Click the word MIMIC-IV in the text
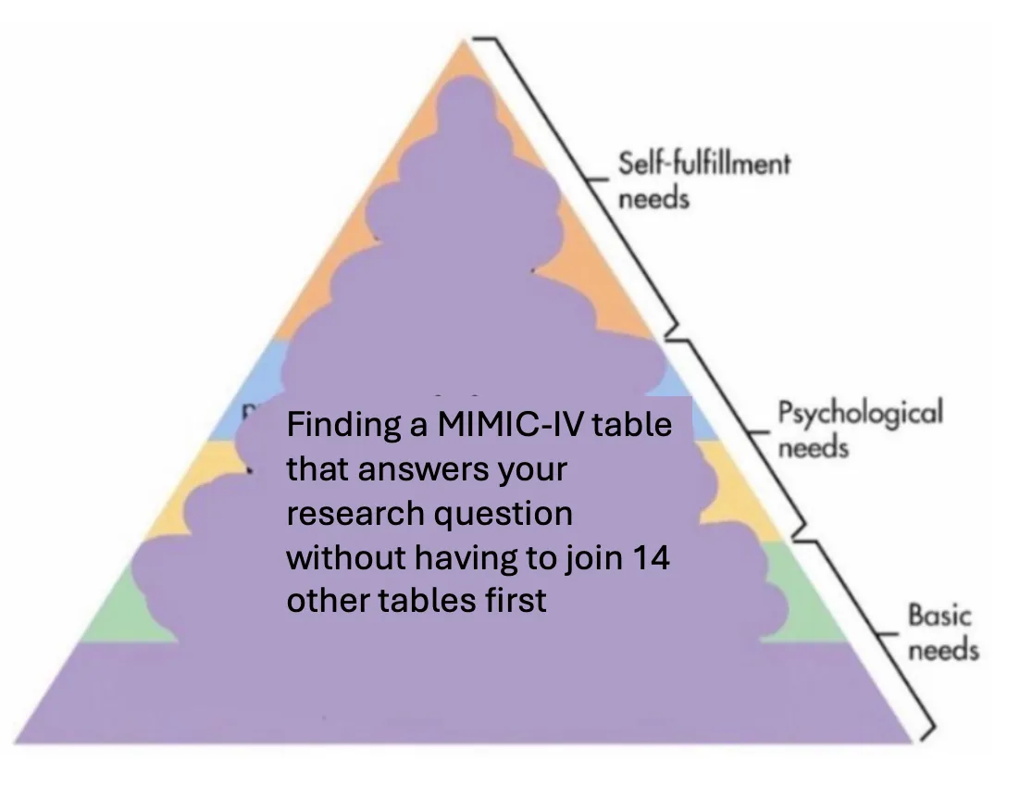click(491, 427)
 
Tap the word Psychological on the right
click(860, 412)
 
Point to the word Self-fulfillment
click(704, 164)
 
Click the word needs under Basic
click(943, 650)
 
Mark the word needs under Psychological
click(813, 448)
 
